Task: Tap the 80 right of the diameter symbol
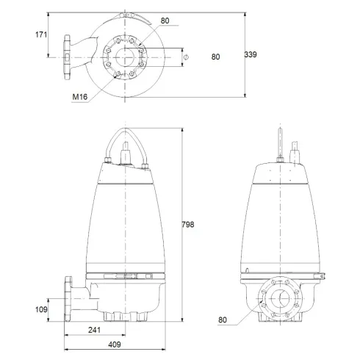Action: click(215, 56)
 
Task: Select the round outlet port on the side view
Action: click(280, 301)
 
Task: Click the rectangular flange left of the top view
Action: click(69, 57)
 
